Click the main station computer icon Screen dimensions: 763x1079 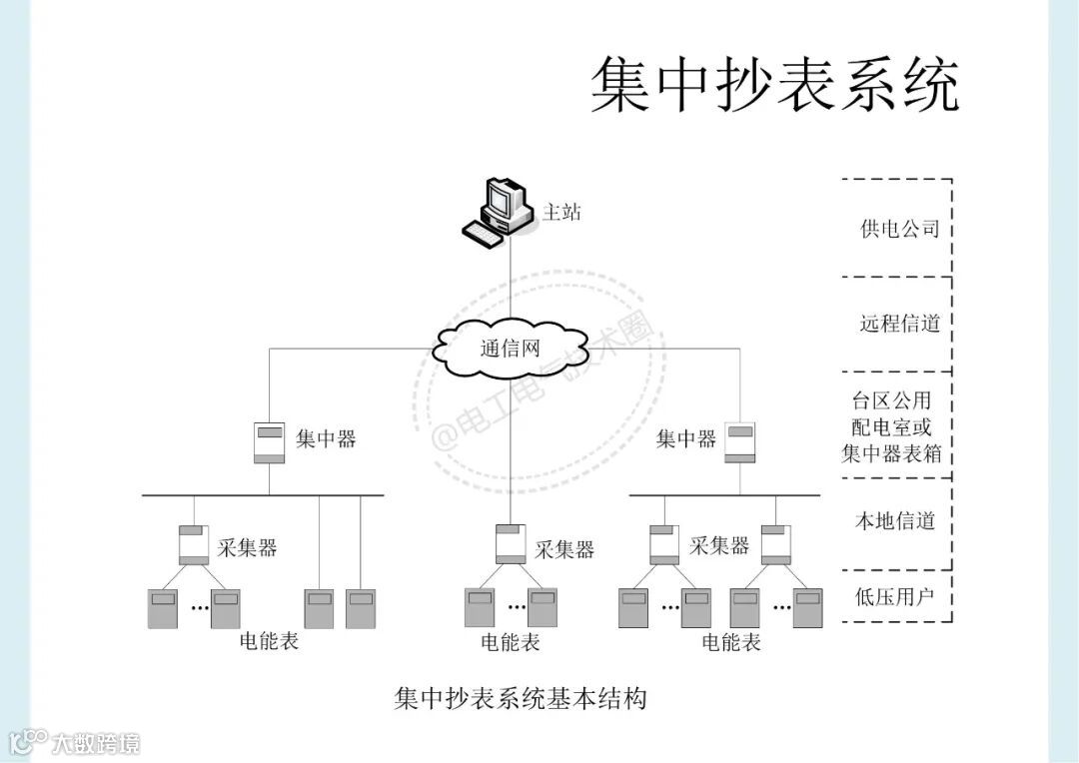pos(500,210)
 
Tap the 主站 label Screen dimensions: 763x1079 pos(561,212)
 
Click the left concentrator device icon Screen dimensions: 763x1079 pos(269,442)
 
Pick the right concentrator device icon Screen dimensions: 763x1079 pos(739,442)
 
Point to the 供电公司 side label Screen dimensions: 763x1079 pos(900,229)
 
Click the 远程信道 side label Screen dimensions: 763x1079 pos(900,324)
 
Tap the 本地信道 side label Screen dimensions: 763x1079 pos(895,520)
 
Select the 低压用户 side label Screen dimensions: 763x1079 pos(895,597)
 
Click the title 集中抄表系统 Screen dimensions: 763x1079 pos(774,84)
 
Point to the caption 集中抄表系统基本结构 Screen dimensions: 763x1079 pos(521,697)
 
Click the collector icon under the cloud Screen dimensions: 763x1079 pos(511,544)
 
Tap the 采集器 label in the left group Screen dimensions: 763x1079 pos(247,547)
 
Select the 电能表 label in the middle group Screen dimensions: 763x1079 pos(511,642)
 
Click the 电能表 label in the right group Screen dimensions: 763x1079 pos(731,642)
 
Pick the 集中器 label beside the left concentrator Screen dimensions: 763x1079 pos(326,438)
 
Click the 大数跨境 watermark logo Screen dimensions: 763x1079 pos(75,742)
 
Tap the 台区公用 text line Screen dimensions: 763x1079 pos(891,401)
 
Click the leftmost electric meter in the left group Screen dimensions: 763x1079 pos(163,608)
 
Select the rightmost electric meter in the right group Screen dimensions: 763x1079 pos(808,608)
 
